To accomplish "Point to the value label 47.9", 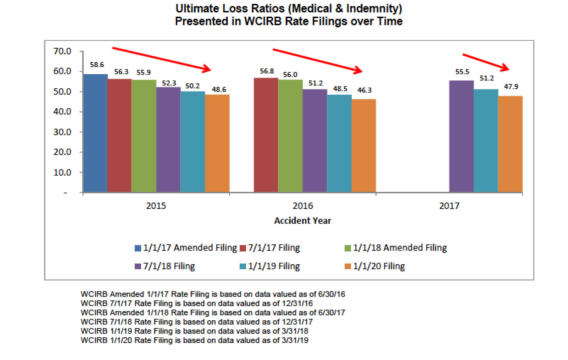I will pos(511,87).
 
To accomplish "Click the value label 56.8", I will pos(267,71).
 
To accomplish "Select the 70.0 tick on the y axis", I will pos(62,51).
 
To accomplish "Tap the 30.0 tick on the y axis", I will pos(62,132).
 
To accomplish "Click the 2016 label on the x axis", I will pos(302,206).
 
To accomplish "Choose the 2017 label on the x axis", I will pos(449,206).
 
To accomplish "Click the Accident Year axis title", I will pos(302,221).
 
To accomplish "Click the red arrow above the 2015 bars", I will pos(161,59).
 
